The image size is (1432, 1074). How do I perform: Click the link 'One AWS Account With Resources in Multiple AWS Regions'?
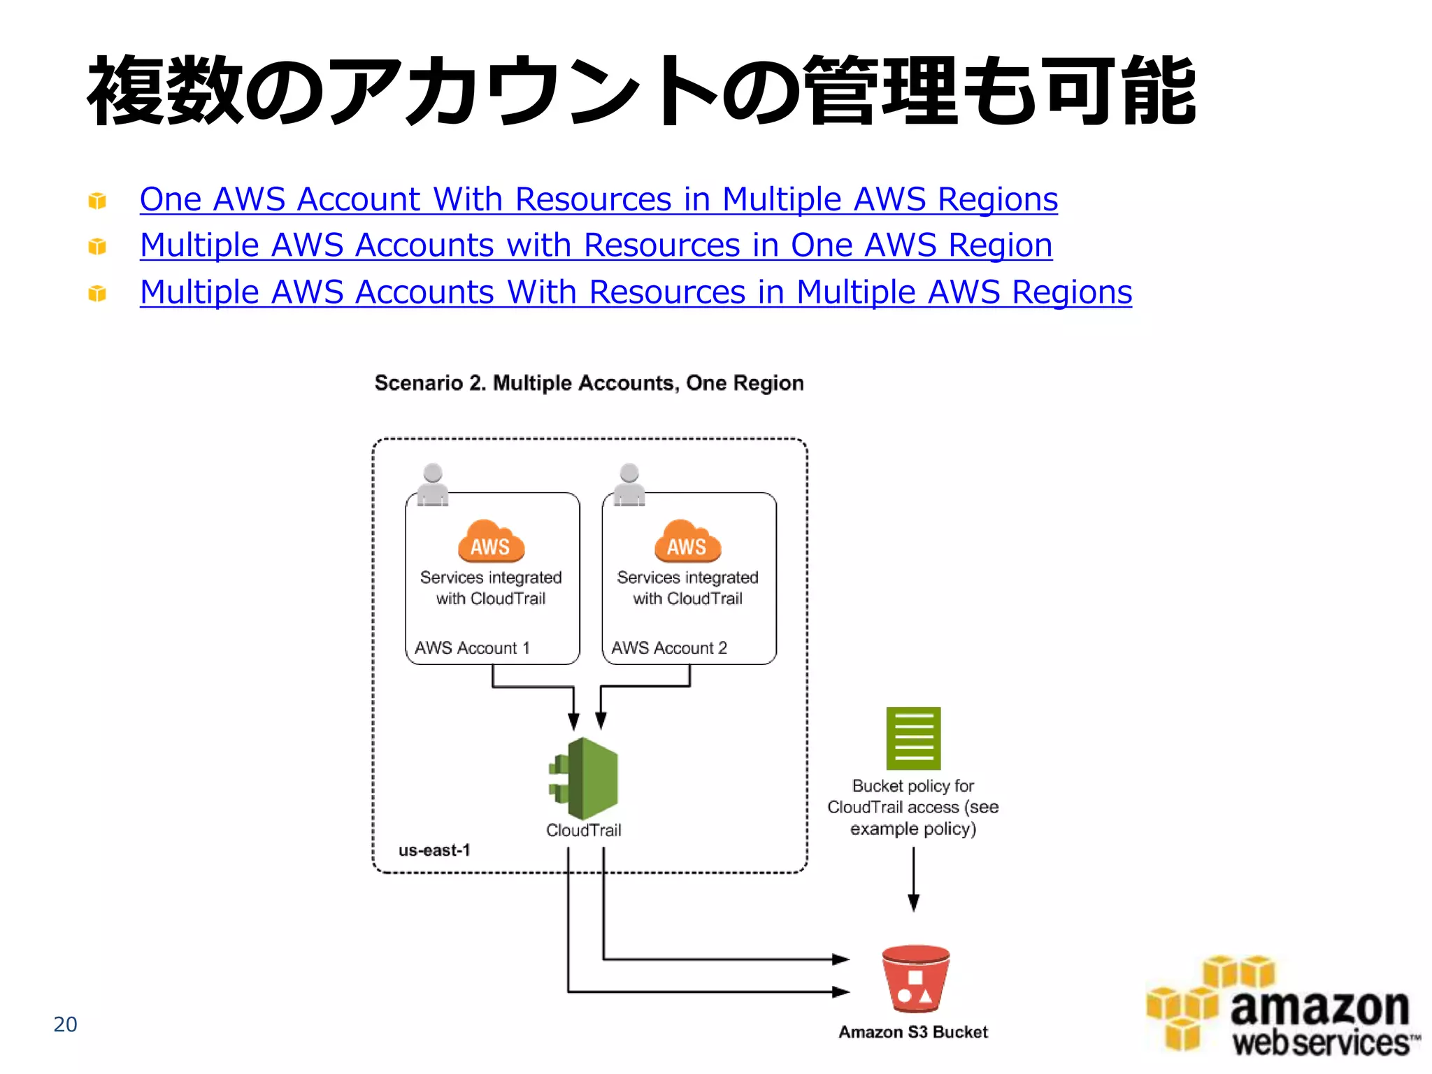click(599, 199)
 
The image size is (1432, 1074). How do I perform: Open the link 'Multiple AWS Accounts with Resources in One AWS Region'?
click(596, 245)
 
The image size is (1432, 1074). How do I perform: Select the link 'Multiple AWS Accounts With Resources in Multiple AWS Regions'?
click(636, 292)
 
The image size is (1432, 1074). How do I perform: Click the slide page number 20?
click(65, 1024)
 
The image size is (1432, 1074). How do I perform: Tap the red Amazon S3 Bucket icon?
click(915, 979)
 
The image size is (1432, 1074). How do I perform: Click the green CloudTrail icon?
click(585, 778)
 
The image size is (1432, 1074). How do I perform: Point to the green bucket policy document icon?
click(913, 738)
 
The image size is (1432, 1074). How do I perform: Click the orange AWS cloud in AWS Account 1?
click(491, 542)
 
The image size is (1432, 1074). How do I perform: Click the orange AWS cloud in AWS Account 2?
click(687, 542)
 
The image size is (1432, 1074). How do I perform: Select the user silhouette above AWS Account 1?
click(433, 484)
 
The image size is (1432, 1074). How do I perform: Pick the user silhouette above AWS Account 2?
click(629, 484)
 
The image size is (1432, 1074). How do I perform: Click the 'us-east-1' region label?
click(434, 850)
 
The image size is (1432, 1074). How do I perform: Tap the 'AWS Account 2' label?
click(669, 648)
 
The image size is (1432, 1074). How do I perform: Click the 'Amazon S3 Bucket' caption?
click(913, 1032)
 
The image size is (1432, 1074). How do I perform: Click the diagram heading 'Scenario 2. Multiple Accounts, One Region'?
click(589, 383)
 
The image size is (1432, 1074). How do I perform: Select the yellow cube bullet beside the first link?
click(97, 201)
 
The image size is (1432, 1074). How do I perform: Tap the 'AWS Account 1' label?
click(472, 648)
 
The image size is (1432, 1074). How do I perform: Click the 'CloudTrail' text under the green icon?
click(584, 830)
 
